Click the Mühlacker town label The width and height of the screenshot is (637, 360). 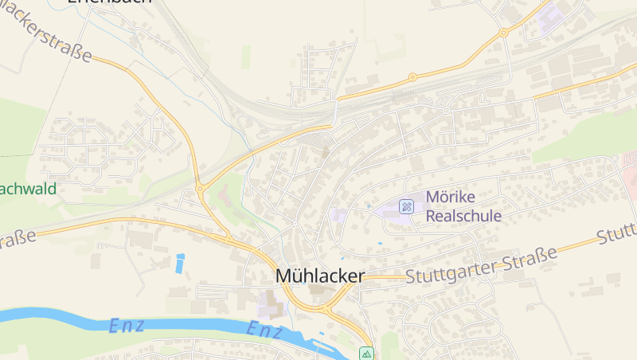pos(319,276)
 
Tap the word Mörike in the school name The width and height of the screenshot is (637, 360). pos(451,197)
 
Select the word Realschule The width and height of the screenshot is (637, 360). pos(463,215)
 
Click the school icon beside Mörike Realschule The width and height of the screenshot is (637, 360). pos(407,207)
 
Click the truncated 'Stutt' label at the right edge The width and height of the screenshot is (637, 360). pos(618,233)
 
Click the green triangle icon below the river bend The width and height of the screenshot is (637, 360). pos(366,353)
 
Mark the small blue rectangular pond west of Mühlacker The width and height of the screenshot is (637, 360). pos(180,262)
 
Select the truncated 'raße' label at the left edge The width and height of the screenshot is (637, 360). pos(18,239)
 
